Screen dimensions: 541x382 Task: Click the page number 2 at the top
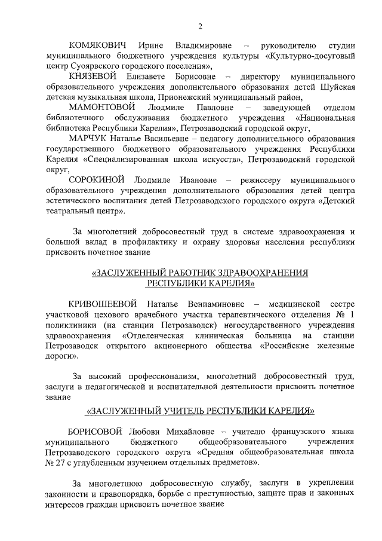(201, 26)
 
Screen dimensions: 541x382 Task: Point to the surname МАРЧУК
(88, 138)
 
